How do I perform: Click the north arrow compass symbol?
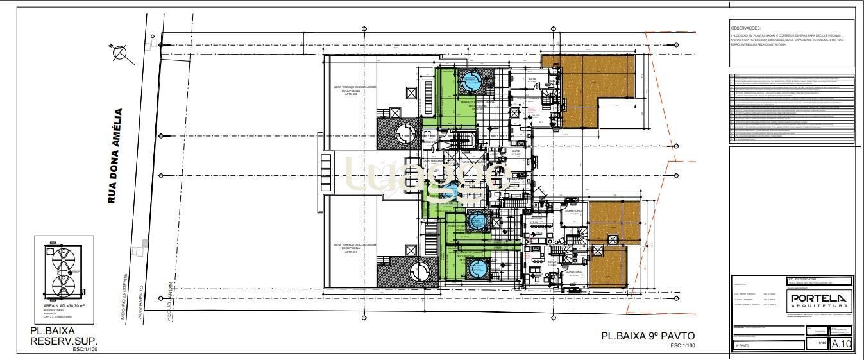pyautogui.click(x=120, y=53)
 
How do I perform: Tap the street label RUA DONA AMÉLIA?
pyautogui.click(x=115, y=157)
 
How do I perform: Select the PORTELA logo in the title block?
pyautogui.click(x=819, y=298)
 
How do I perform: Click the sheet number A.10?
pyautogui.click(x=841, y=344)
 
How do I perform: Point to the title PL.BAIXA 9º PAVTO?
pyautogui.click(x=648, y=336)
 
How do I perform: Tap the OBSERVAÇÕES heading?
pyautogui.click(x=745, y=28)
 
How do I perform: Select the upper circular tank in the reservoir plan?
pyautogui.click(x=62, y=260)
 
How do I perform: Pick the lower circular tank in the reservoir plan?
pyautogui.click(x=62, y=286)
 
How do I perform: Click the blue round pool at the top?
pyautogui.click(x=471, y=81)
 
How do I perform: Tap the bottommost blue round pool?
pyautogui.click(x=477, y=269)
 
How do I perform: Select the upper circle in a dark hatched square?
pyautogui.click(x=405, y=134)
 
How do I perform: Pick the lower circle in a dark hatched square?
pyautogui.click(x=418, y=270)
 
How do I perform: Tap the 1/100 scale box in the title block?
pyautogui.click(x=822, y=344)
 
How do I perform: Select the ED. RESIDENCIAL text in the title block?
pyautogui.click(x=800, y=280)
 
